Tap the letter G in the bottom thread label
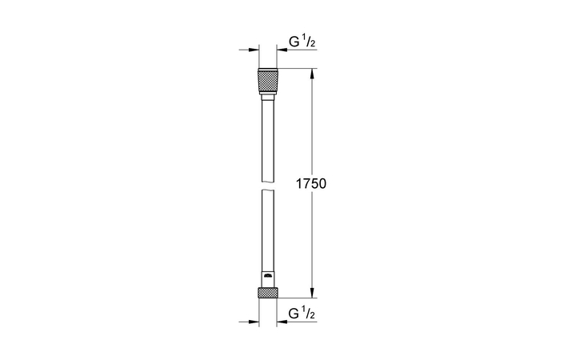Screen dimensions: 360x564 coord(294,313)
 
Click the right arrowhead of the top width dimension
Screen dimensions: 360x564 coord(281,50)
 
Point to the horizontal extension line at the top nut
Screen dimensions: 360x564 coord(296,70)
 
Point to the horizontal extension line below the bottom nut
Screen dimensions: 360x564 coord(296,298)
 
